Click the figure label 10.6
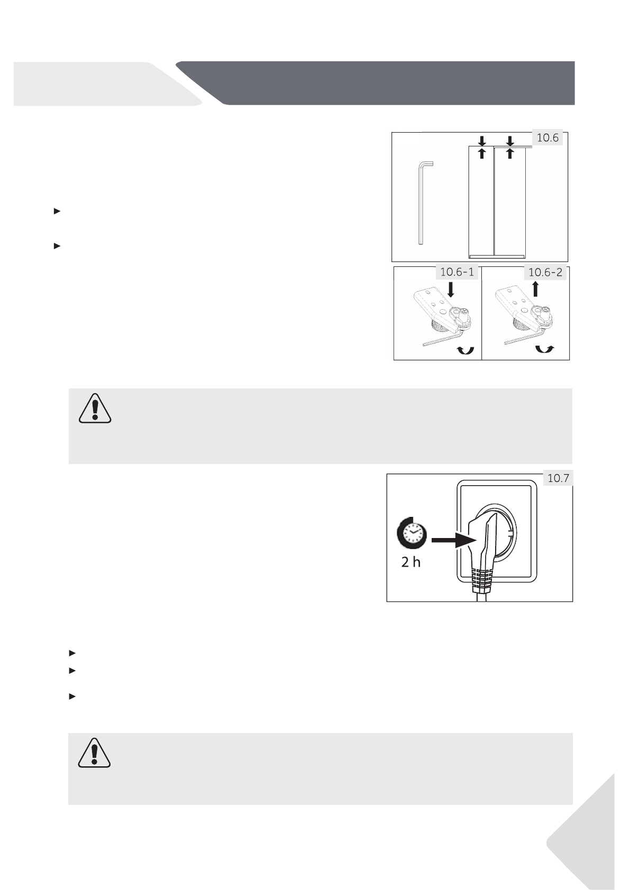tap(547, 138)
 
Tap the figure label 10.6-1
tap(457, 273)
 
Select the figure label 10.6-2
tap(545, 273)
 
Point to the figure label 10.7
tap(559, 479)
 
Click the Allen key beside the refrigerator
tap(423, 203)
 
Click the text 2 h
tap(410, 562)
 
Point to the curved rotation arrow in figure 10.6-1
tap(464, 349)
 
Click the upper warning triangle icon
tap(95, 409)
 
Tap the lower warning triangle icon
tap(94, 753)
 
